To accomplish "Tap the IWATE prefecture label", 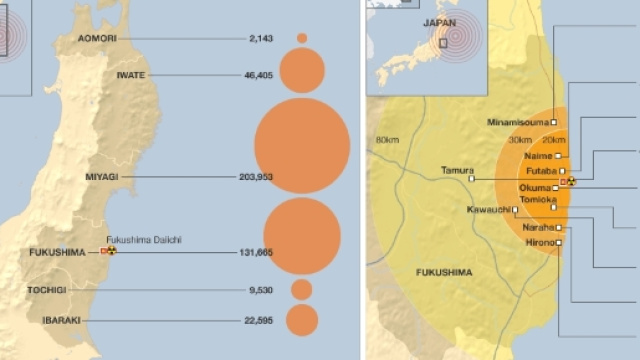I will (x=132, y=74).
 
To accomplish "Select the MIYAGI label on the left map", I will (x=102, y=176).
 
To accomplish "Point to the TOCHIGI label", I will (x=47, y=290).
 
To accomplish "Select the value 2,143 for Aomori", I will (x=259, y=38).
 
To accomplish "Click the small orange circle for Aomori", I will (x=302, y=38).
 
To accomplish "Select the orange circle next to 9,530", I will (x=302, y=290).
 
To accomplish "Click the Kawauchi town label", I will (x=488, y=210).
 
